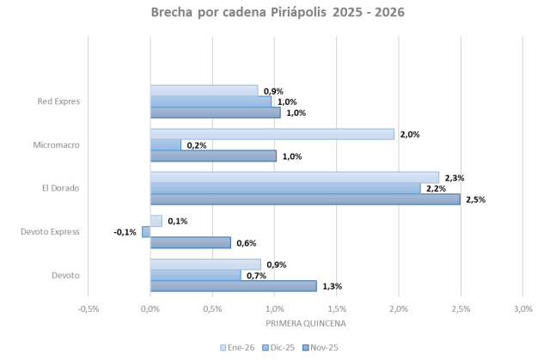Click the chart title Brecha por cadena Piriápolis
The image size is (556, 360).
pyautogui.click(x=278, y=13)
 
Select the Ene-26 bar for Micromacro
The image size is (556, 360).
pyautogui.click(x=272, y=134)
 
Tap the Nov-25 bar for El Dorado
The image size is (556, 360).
pyautogui.click(x=305, y=199)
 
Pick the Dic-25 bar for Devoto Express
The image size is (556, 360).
pyautogui.click(x=146, y=232)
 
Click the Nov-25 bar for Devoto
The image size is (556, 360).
pyautogui.click(x=233, y=286)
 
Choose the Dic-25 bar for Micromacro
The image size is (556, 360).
pyautogui.click(x=166, y=145)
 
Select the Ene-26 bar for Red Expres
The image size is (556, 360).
pyautogui.click(x=204, y=90)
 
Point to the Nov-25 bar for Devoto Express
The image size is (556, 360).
pyautogui.click(x=190, y=243)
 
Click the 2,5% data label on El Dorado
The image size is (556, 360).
pyautogui.click(x=475, y=199)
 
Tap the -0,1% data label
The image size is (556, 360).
pyautogui.click(x=125, y=232)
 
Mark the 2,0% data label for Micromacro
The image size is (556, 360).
pyautogui.click(x=409, y=134)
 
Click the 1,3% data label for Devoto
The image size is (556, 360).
pyautogui.click(x=331, y=286)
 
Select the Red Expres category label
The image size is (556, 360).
pyautogui.click(x=59, y=101)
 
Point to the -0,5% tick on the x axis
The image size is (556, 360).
pyautogui.click(x=88, y=309)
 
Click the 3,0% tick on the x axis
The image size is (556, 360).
pyautogui.click(x=522, y=309)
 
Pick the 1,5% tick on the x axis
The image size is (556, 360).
pyautogui.click(x=336, y=309)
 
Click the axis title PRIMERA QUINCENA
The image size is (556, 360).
pyautogui.click(x=305, y=324)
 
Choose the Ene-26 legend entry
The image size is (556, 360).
pyautogui.click(x=239, y=348)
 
